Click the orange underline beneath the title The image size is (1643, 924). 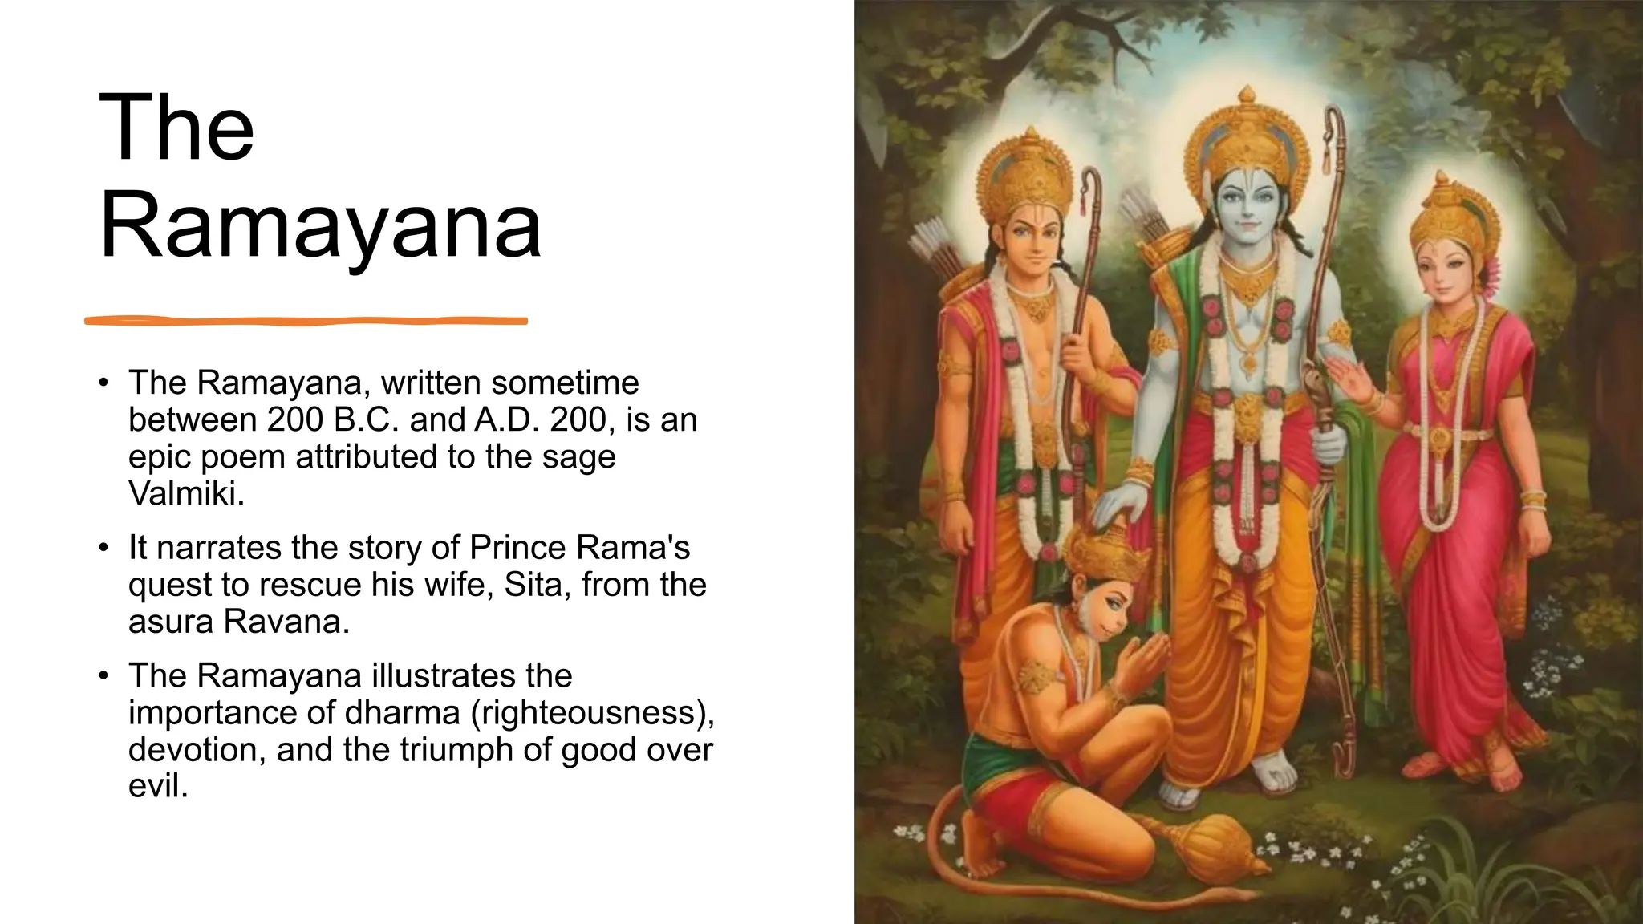(306, 321)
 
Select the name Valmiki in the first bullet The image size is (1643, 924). (186, 493)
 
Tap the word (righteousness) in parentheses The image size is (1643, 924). (593, 712)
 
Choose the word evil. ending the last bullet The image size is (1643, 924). (158, 786)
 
